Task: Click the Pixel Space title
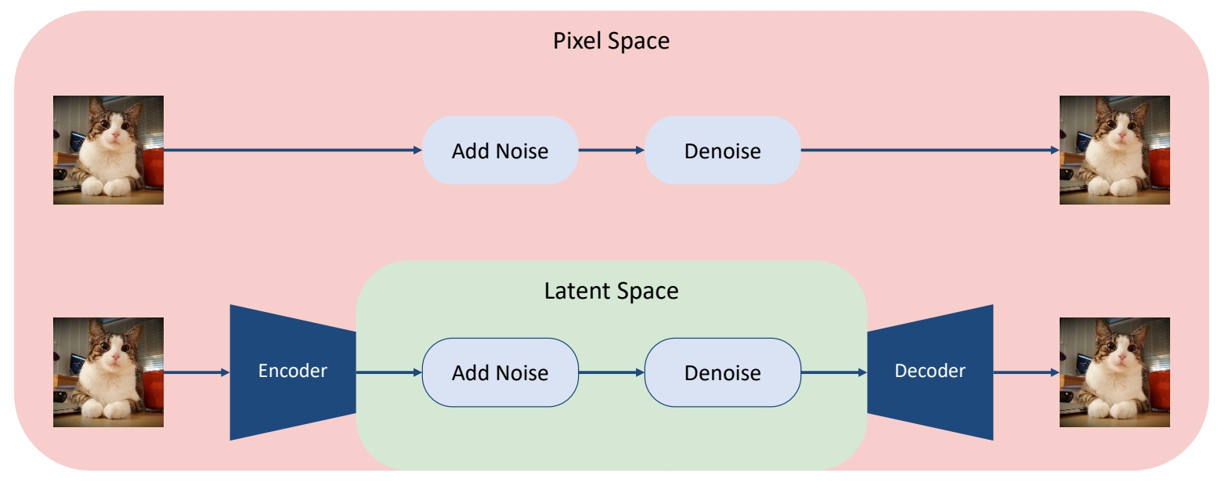pos(611,41)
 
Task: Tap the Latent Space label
pos(611,292)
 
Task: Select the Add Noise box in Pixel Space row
pos(500,151)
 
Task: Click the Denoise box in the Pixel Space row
pos(722,151)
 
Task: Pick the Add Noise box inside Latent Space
pos(500,372)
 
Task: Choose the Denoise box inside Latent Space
pos(722,372)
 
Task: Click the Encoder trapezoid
pos(292,372)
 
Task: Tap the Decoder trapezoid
pos(930,372)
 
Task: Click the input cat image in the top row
pos(108,150)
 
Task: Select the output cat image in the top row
pos(1114,150)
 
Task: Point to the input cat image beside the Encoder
pos(108,372)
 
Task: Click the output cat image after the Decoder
pos(1114,372)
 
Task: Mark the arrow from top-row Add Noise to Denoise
pos(611,151)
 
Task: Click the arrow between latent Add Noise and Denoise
pos(611,372)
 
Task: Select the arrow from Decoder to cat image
pos(1026,372)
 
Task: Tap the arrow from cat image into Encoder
pos(197,372)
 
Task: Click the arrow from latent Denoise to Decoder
pos(834,372)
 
